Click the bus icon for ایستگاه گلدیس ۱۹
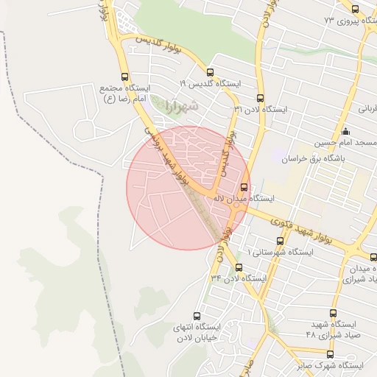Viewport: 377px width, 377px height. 211,73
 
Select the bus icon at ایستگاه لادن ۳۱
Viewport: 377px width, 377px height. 260,98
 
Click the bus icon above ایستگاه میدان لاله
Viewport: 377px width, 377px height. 244,186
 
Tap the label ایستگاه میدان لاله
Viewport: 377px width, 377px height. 244,198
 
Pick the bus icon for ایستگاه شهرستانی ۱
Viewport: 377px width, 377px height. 279,240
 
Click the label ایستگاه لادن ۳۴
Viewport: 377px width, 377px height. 238,278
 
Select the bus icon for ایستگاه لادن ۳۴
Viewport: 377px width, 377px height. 239,267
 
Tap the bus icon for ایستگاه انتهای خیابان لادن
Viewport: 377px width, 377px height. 197,315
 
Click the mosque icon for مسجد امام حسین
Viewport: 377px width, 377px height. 345,132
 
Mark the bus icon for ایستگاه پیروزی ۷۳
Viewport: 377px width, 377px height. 356,10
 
